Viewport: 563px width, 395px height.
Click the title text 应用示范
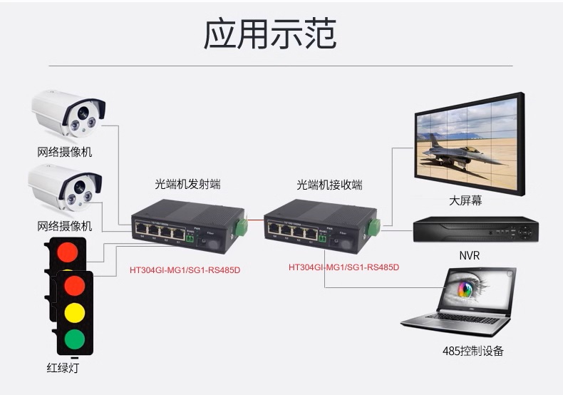[269, 34]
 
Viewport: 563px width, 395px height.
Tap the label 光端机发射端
[187, 185]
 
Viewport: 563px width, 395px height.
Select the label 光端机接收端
[329, 185]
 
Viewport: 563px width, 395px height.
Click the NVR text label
[470, 255]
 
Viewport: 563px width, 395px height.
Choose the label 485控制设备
[472, 351]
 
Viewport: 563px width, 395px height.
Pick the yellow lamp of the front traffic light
[73, 312]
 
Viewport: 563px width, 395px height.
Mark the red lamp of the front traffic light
[73, 285]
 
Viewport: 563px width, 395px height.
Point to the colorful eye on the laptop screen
[465, 289]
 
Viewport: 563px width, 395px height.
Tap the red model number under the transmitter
[185, 270]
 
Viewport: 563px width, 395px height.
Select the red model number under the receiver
[344, 267]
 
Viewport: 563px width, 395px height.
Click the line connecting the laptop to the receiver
[378, 287]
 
